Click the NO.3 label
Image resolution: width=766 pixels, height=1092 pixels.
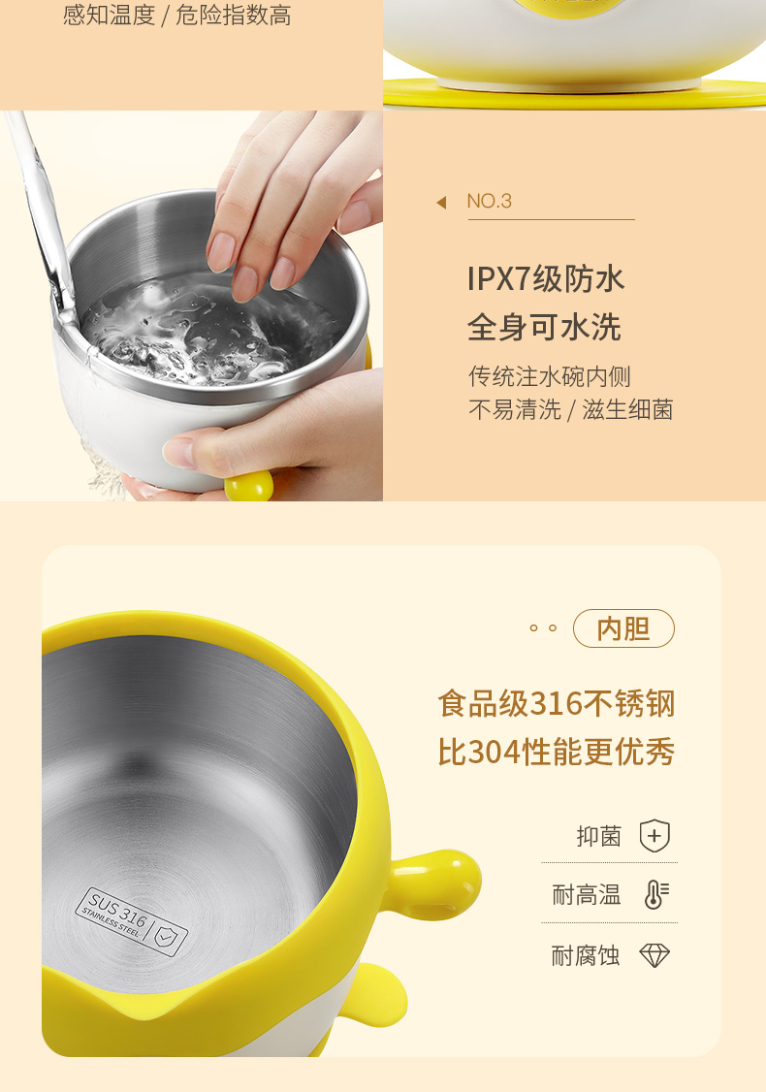[x=489, y=202]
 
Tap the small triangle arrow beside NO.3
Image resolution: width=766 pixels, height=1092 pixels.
[x=441, y=203]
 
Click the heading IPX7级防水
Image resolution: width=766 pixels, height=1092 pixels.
[x=546, y=278]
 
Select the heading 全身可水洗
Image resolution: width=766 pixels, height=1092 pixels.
[x=544, y=327]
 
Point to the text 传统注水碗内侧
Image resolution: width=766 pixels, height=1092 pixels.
[x=550, y=376]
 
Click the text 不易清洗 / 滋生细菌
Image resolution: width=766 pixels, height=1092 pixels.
[x=571, y=409]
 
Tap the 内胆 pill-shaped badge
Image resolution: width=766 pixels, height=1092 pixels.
[x=623, y=628]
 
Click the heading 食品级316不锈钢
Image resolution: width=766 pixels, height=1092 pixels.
[x=557, y=703]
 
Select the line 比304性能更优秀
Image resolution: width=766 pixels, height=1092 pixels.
[x=557, y=753]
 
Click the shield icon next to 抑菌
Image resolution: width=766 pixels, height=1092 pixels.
[x=654, y=836]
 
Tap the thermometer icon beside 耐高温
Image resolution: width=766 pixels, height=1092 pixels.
[x=656, y=894]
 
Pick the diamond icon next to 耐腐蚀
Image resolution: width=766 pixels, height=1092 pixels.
[x=654, y=955]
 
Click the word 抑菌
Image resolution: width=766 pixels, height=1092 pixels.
[x=599, y=836]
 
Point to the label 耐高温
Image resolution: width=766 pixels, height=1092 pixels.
[x=587, y=894]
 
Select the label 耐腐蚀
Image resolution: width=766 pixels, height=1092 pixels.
[x=586, y=955]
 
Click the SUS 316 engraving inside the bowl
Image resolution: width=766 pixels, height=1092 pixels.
[x=131, y=920]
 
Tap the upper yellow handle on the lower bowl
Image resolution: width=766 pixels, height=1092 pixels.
[x=435, y=883]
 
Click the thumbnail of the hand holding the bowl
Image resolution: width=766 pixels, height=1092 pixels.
[x=192, y=305]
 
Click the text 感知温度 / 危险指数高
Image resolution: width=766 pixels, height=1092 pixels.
[x=176, y=15]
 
